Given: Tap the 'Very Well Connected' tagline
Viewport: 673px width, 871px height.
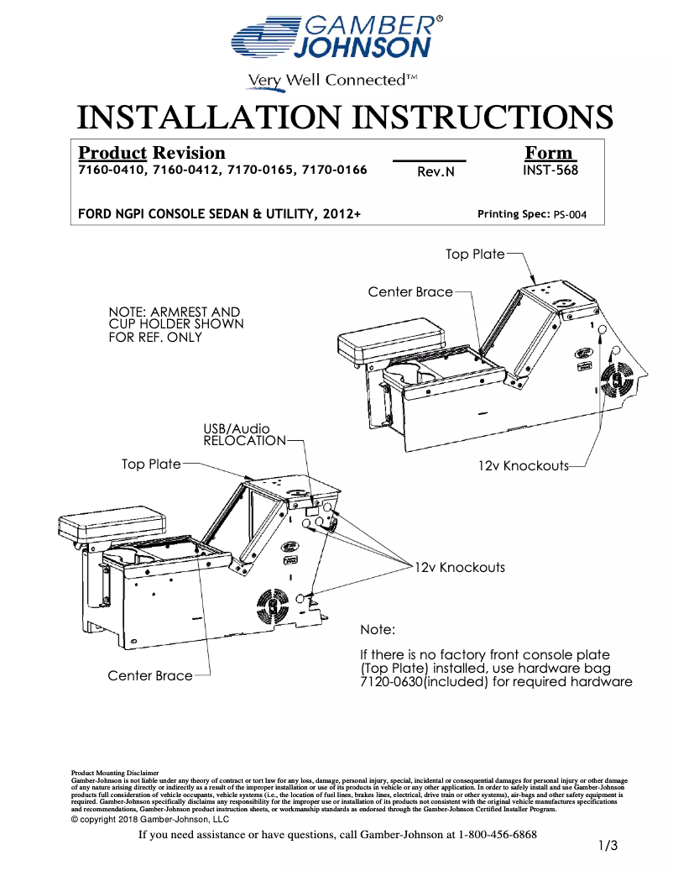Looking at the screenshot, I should [331, 81].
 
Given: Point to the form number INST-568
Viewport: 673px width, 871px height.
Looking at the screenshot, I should [550, 170].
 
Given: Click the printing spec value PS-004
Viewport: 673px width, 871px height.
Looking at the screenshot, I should [570, 215].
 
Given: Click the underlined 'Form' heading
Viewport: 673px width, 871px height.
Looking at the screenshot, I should [549, 153].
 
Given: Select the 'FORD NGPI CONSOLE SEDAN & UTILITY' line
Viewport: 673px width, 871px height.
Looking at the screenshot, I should [219, 214].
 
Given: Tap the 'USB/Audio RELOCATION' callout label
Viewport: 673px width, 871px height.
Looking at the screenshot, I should [244, 435].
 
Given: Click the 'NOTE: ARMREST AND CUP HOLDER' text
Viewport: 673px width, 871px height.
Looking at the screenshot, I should [176, 324].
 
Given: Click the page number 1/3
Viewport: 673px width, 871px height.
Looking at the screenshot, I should [608, 846].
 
